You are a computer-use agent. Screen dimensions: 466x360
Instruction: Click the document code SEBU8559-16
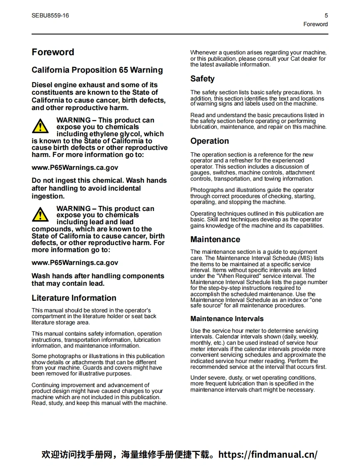click(50, 16)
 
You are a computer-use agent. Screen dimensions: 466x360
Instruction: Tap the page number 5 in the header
click(326, 16)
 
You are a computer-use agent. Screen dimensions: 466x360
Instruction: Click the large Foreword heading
click(53, 52)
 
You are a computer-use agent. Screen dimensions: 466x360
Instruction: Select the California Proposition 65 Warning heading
click(97, 70)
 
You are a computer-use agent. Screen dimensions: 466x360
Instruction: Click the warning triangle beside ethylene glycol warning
click(40, 126)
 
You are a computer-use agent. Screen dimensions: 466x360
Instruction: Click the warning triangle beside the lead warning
click(40, 214)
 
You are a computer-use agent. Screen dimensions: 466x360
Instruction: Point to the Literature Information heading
click(74, 298)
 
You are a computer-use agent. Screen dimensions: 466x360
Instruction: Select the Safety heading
click(202, 79)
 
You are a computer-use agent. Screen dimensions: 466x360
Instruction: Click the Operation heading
click(210, 141)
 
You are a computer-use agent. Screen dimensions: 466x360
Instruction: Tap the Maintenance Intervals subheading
click(227, 319)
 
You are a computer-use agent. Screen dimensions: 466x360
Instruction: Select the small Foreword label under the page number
click(316, 24)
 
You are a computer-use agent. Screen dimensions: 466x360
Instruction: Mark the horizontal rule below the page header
click(180, 34)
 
